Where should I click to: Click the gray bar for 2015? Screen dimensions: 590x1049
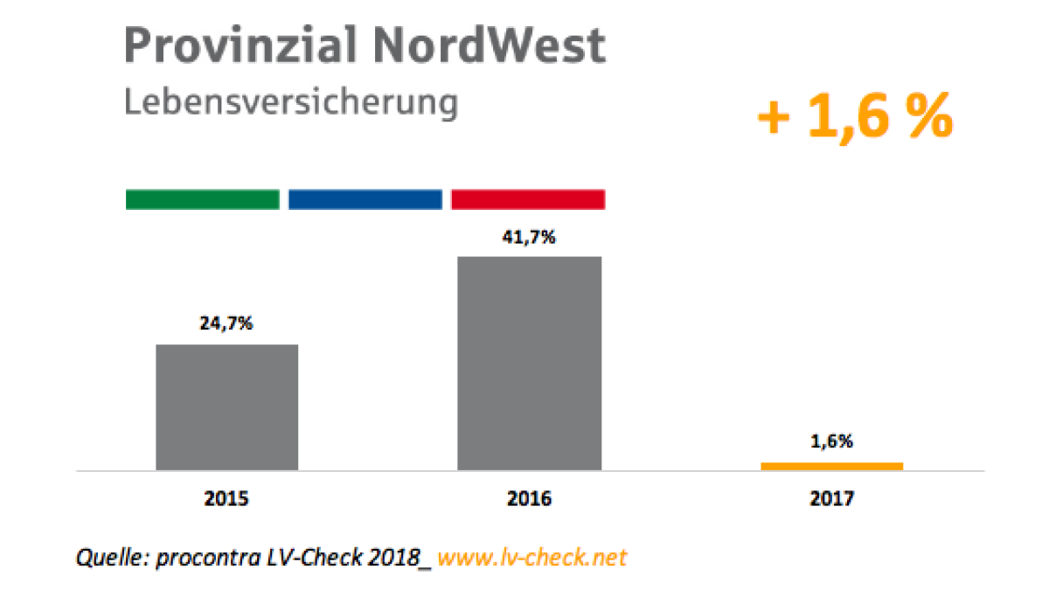click(227, 407)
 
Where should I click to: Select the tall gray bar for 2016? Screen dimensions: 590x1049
click(530, 364)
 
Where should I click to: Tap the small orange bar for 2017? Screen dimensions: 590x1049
click(831, 466)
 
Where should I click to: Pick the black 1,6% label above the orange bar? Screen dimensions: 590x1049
click(831, 441)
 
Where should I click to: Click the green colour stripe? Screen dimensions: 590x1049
click(202, 199)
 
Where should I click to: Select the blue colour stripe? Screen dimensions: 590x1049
click(365, 199)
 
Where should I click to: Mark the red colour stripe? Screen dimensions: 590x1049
click(528, 199)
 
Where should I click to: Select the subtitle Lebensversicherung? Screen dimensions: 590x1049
click(290, 102)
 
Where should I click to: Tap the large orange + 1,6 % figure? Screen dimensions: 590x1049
click(854, 119)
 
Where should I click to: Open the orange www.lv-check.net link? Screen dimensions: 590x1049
click(531, 557)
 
